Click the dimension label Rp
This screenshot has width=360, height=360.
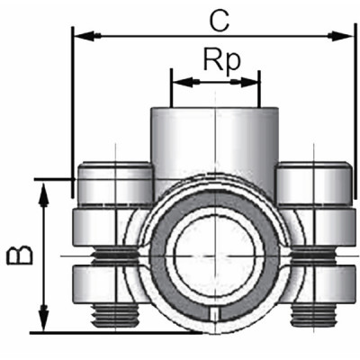coord(215,60)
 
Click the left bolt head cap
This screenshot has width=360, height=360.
coord(115,184)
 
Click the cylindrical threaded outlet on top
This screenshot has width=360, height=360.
coord(215,144)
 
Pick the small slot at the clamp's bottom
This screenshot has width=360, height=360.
coord(214,314)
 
